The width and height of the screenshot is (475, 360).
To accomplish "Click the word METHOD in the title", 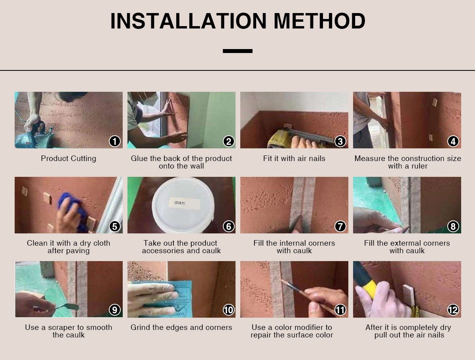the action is tap(319, 21).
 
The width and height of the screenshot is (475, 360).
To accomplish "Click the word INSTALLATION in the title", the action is tap(188, 21).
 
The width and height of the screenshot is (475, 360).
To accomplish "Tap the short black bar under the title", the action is tap(237, 51).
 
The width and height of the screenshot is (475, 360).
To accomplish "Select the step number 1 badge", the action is tap(115, 141).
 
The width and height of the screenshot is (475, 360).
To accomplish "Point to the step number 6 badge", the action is tap(229, 226).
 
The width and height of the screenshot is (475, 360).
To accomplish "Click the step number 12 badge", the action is tap(453, 310).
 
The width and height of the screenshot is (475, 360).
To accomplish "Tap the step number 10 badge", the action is tap(229, 310).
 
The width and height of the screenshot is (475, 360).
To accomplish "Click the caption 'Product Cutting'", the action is tap(68, 159).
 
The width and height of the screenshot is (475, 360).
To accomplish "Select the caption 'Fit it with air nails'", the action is tap(294, 159).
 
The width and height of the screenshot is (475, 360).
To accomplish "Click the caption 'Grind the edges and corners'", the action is tap(181, 327).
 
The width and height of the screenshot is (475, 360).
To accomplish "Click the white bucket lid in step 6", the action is tap(183, 205).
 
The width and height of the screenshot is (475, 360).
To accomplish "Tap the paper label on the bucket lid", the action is tap(184, 203).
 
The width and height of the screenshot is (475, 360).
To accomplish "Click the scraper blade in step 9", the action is tap(68, 306).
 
